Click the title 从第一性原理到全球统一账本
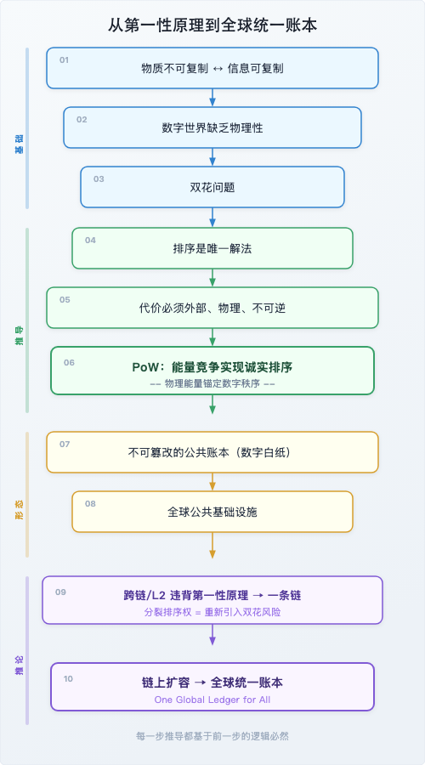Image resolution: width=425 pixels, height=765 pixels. click(212, 25)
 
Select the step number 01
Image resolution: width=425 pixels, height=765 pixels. click(65, 59)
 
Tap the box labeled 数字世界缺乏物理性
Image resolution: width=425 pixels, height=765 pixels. click(212, 127)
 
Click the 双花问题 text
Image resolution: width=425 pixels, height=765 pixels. click(212, 187)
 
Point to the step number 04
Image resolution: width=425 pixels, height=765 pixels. click(90, 240)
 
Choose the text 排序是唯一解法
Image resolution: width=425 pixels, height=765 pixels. click(212, 248)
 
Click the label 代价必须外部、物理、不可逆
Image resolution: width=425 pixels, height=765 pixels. click(212, 308)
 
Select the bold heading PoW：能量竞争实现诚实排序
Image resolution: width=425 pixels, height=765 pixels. click(212, 366)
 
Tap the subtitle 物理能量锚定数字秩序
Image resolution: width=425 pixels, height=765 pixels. click(212, 383)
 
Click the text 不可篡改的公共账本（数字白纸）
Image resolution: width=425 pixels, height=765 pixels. click(212, 452)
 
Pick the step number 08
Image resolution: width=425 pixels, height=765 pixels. click(90, 503)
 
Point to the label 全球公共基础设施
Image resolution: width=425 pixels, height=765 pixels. click(212, 512)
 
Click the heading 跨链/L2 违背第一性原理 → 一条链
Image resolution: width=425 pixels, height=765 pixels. click(212, 595)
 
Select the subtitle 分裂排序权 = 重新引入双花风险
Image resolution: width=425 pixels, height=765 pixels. click(212, 612)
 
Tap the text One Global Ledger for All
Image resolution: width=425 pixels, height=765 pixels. click(212, 700)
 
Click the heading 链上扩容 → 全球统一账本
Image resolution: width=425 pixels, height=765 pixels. click(212, 683)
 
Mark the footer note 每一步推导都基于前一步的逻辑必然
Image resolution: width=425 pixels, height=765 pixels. click(212, 736)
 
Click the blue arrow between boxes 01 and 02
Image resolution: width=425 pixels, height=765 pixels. click(212, 97)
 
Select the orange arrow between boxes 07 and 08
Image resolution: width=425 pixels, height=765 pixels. click(212, 483)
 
